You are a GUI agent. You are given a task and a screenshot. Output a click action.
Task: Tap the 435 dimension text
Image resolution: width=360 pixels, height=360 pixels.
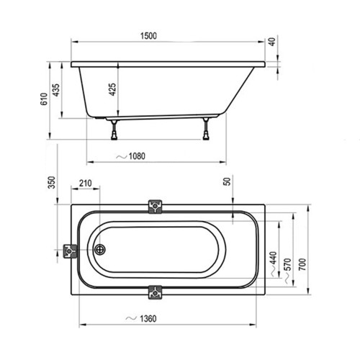[x=56, y=91]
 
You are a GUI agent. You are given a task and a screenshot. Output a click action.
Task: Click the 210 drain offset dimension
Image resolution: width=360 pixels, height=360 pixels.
[x=86, y=184]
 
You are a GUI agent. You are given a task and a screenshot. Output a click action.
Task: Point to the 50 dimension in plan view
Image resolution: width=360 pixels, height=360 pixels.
[x=227, y=182]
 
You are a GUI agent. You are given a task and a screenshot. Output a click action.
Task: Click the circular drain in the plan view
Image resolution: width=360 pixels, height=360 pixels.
[x=100, y=250]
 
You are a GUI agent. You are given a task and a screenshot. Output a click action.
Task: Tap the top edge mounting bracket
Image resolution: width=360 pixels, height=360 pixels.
[x=155, y=207]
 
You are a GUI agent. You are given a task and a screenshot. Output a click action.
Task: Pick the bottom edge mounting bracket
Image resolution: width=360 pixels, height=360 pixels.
[x=155, y=292]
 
